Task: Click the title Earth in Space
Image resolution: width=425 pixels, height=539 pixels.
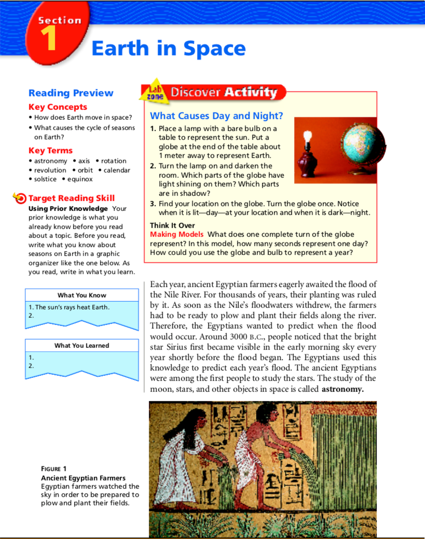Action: [x=169, y=48]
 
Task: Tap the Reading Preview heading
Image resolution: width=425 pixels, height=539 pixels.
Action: [x=71, y=93]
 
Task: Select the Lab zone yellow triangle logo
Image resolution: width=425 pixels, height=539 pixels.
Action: [x=155, y=92]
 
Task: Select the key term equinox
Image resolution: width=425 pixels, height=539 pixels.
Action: [x=80, y=179]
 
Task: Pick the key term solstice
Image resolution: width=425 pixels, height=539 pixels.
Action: [x=45, y=179]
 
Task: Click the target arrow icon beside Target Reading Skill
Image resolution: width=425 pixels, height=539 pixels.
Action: [x=20, y=198]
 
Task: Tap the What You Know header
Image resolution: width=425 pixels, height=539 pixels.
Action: [x=82, y=295]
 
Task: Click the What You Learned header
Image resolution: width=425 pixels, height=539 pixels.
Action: [x=82, y=346]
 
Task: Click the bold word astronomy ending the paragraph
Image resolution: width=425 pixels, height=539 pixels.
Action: [x=342, y=389]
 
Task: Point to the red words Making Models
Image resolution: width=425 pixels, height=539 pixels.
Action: [x=177, y=234]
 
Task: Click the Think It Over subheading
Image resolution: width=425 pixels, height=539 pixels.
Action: [x=172, y=225]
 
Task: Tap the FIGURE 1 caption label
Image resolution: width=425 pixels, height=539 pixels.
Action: [x=53, y=469]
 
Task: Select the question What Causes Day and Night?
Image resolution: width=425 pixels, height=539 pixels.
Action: [x=216, y=116]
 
